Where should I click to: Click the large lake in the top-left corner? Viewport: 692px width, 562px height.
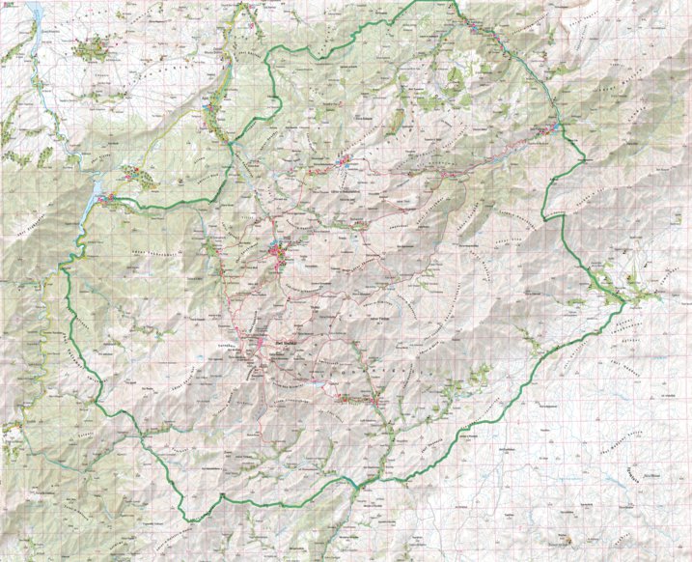coord(35,12)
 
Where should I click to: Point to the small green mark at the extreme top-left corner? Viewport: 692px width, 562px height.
coord(4,4)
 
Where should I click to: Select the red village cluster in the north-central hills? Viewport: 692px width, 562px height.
coord(346,162)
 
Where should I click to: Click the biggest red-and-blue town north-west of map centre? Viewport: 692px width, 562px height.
coord(280,253)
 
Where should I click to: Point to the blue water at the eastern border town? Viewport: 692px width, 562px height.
coord(558,126)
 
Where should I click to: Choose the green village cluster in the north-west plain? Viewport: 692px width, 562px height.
coord(92,46)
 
